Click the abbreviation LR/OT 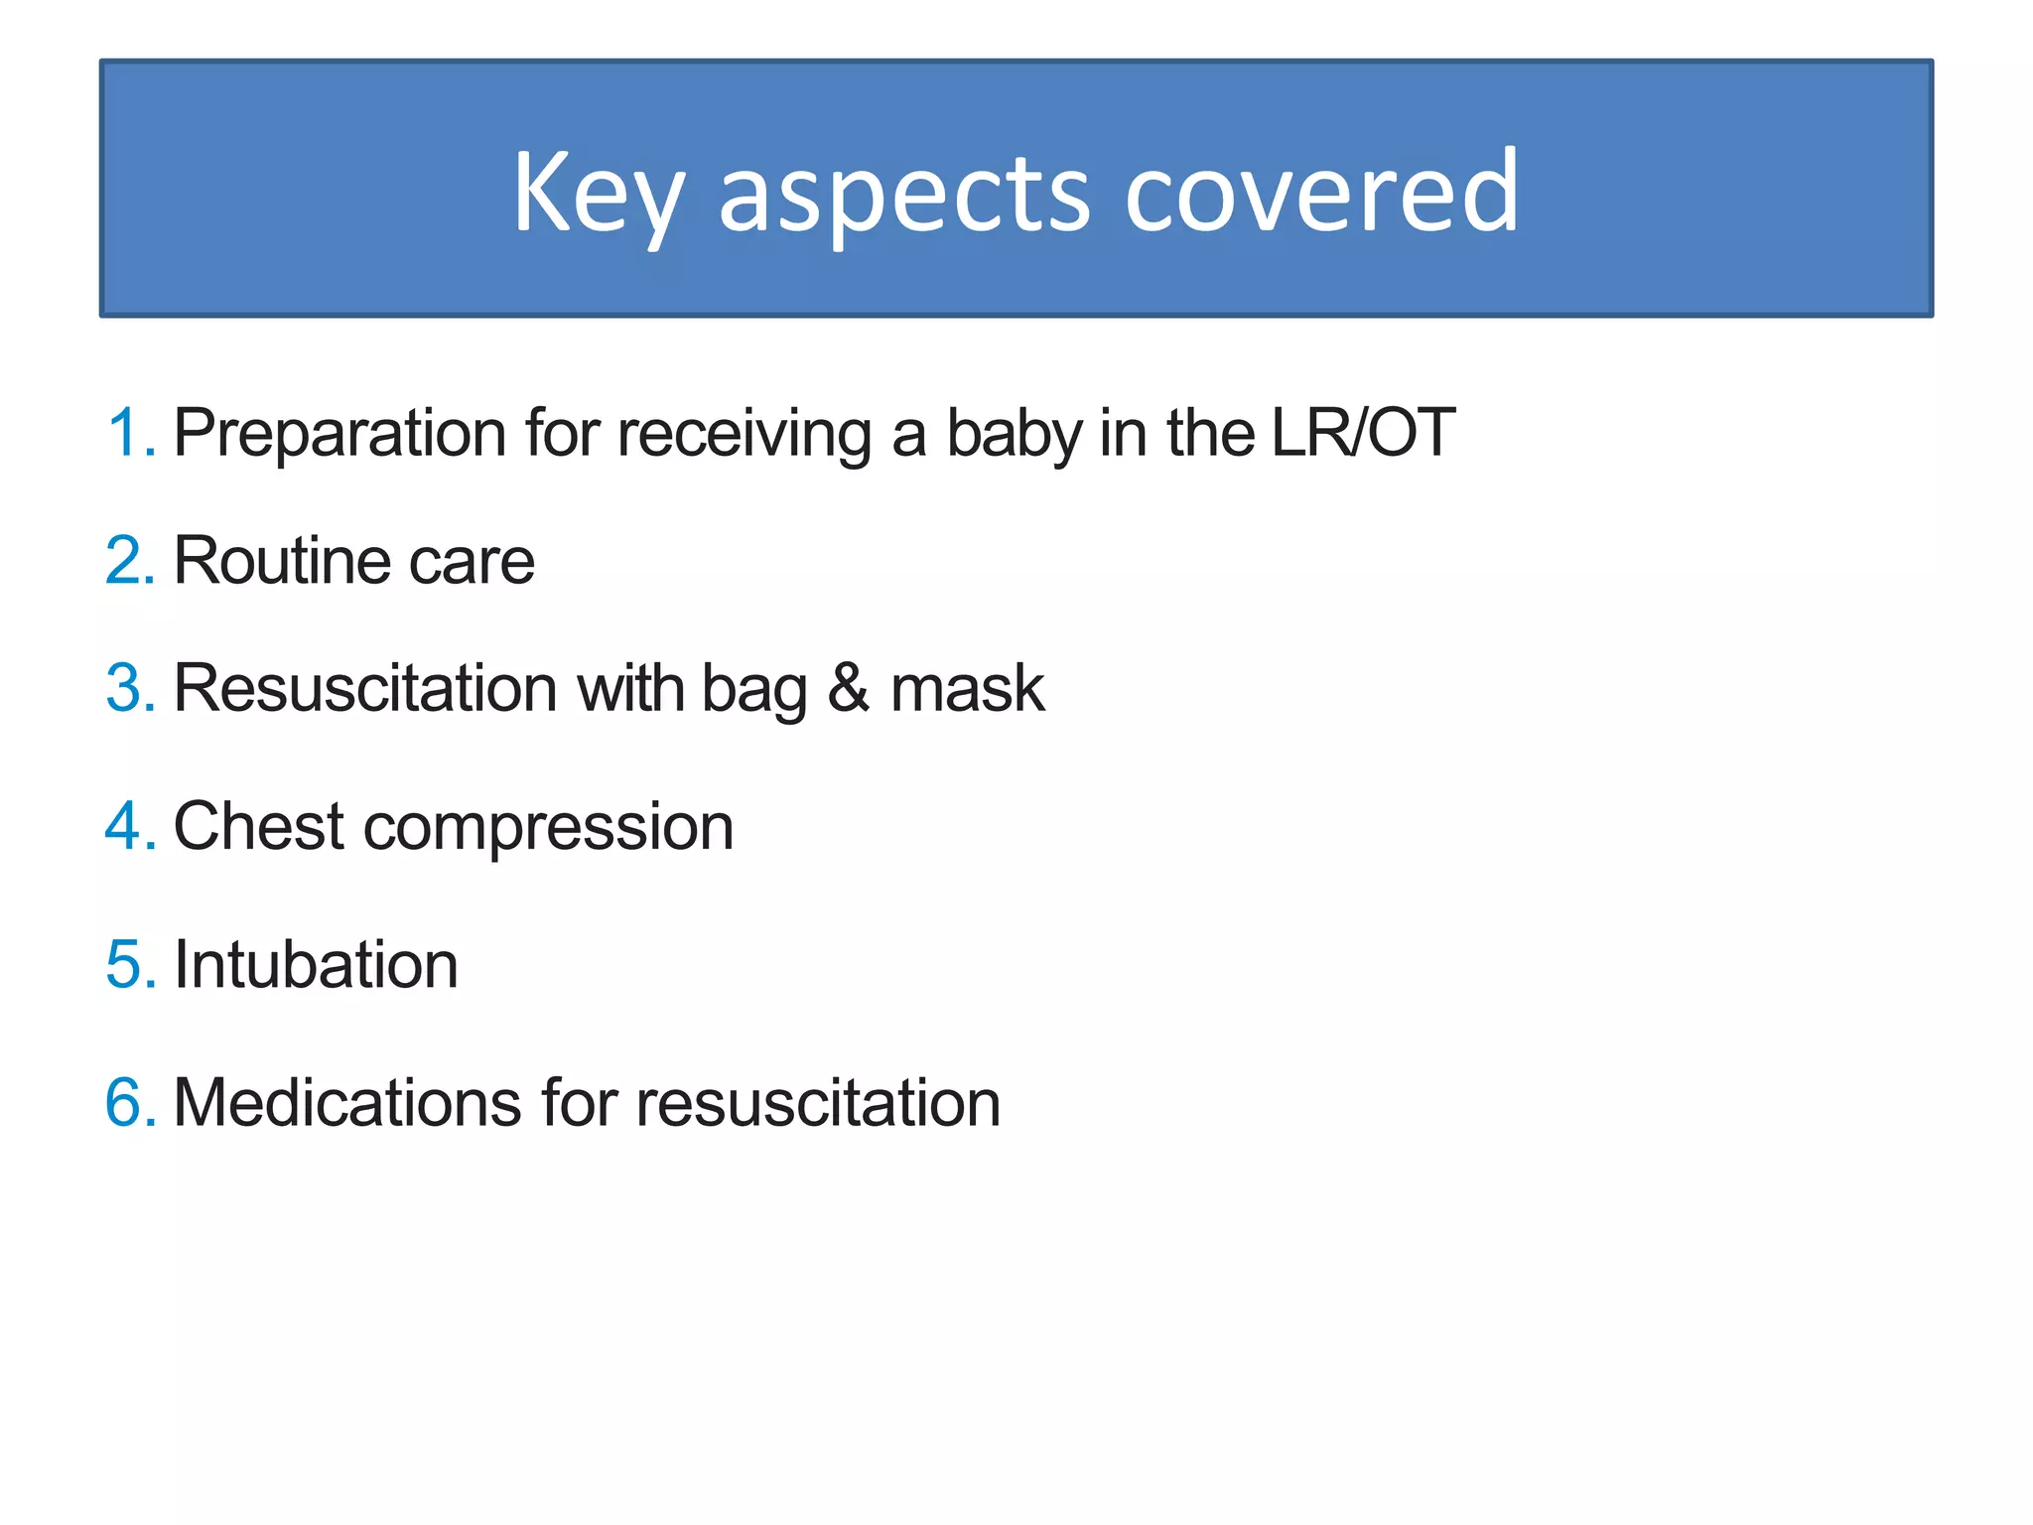pos(1362,433)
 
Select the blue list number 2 pos(129,561)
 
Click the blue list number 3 pos(129,688)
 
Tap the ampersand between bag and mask pos(849,688)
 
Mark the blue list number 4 pos(129,826)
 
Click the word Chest pos(259,826)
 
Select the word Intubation pos(316,964)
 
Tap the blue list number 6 pos(129,1102)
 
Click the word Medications pos(347,1102)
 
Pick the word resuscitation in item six pos(818,1102)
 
